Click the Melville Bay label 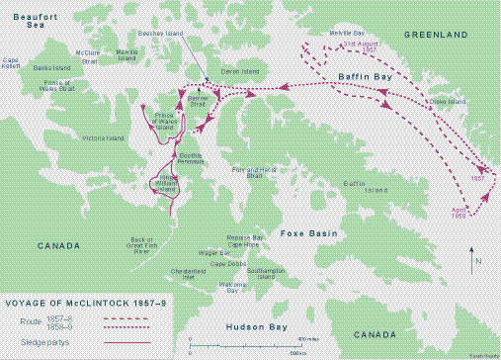[x=347, y=33]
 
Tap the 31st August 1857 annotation [x=356, y=46]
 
